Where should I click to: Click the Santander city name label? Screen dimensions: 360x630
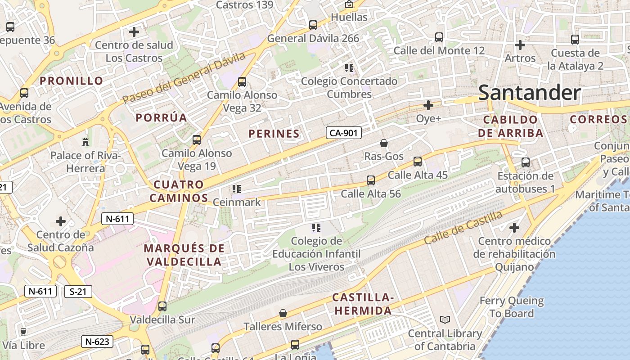click(x=529, y=93)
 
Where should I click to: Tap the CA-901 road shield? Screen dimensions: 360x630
click(x=344, y=133)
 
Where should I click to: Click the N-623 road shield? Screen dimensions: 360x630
click(x=97, y=342)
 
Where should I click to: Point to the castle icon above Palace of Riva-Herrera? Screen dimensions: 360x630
click(x=85, y=142)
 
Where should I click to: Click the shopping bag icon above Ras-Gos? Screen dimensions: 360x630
click(x=384, y=143)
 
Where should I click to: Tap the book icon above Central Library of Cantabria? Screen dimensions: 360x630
click(x=445, y=320)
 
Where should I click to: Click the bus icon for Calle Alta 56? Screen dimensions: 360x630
click(x=371, y=180)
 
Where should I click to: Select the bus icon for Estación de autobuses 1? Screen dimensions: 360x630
click(x=525, y=162)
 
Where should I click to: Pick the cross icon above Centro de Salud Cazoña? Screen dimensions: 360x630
click(x=60, y=221)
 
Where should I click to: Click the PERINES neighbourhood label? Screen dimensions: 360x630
click(x=274, y=134)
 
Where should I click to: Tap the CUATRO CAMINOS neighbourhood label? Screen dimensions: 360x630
click(x=179, y=191)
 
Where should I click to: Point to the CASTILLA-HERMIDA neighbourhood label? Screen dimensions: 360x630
click(x=363, y=304)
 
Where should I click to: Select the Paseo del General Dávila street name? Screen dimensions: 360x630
click(x=184, y=77)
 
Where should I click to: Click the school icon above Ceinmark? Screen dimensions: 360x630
click(x=236, y=189)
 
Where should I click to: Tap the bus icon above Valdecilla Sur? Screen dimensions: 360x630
click(x=162, y=306)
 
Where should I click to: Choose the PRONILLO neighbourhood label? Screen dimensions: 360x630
click(x=72, y=81)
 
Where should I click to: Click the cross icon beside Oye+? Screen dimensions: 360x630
click(x=428, y=105)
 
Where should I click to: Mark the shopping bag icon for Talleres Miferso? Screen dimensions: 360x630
click(x=283, y=313)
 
